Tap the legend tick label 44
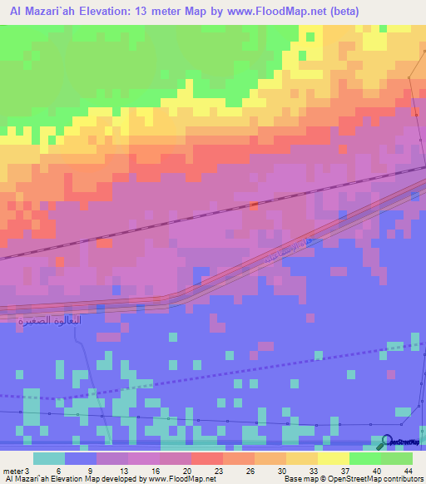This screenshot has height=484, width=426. [408, 470]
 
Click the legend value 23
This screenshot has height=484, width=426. [220, 470]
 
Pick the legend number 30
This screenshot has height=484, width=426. [285, 470]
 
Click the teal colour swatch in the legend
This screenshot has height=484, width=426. [49, 458]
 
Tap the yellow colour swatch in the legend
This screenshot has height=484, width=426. [334, 458]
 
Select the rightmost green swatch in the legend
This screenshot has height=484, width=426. [397, 458]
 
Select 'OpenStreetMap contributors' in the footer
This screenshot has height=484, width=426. [375, 479]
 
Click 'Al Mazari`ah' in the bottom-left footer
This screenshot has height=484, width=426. [29, 479]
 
